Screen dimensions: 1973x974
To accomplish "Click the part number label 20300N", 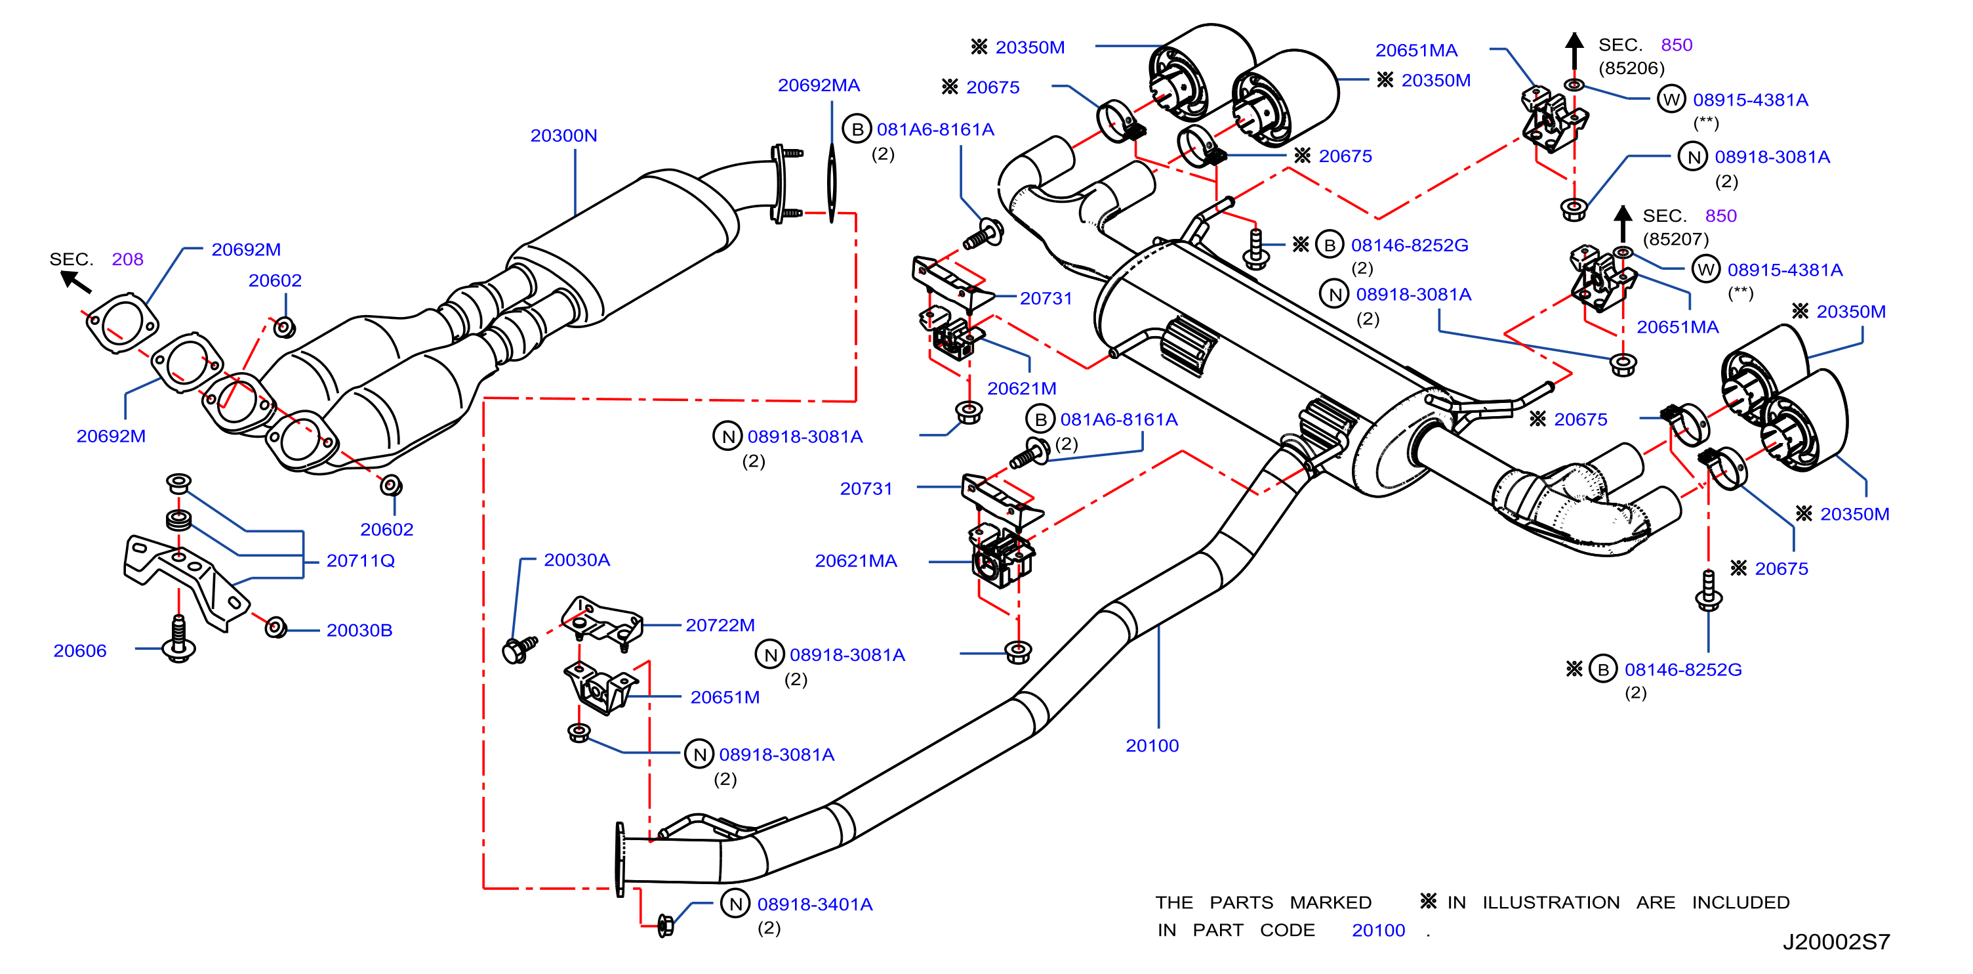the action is tap(563, 136).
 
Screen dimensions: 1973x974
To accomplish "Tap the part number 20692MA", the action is tap(819, 85).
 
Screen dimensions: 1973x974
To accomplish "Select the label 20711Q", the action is tap(361, 561).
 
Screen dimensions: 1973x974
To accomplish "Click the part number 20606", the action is tap(79, 650).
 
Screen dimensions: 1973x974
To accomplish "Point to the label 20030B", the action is tap(359, 630).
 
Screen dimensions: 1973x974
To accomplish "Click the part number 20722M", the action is tap(720, 625).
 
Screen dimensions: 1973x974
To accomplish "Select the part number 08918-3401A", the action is tap(815, 904).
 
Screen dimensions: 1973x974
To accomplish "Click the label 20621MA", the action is tap(855, 561).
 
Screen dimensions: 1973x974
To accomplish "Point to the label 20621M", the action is tap(1022, 389).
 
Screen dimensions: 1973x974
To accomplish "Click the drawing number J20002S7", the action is tap(1836, 942).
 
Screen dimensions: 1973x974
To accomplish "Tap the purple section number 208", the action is tap(127, 259).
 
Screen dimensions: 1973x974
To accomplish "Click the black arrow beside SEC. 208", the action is tap(76, 282).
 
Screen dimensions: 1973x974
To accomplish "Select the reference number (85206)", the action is tap(1631, 68).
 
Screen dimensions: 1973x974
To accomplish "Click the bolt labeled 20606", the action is tap(178, 639).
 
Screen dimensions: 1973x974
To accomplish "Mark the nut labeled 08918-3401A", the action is tap(665, 925).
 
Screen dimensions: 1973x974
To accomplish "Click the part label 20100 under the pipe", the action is tap(1152, 746).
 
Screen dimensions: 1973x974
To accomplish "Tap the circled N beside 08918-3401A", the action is tap(735, 904).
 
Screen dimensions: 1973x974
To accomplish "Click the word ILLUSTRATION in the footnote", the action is tap(1551, 902).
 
